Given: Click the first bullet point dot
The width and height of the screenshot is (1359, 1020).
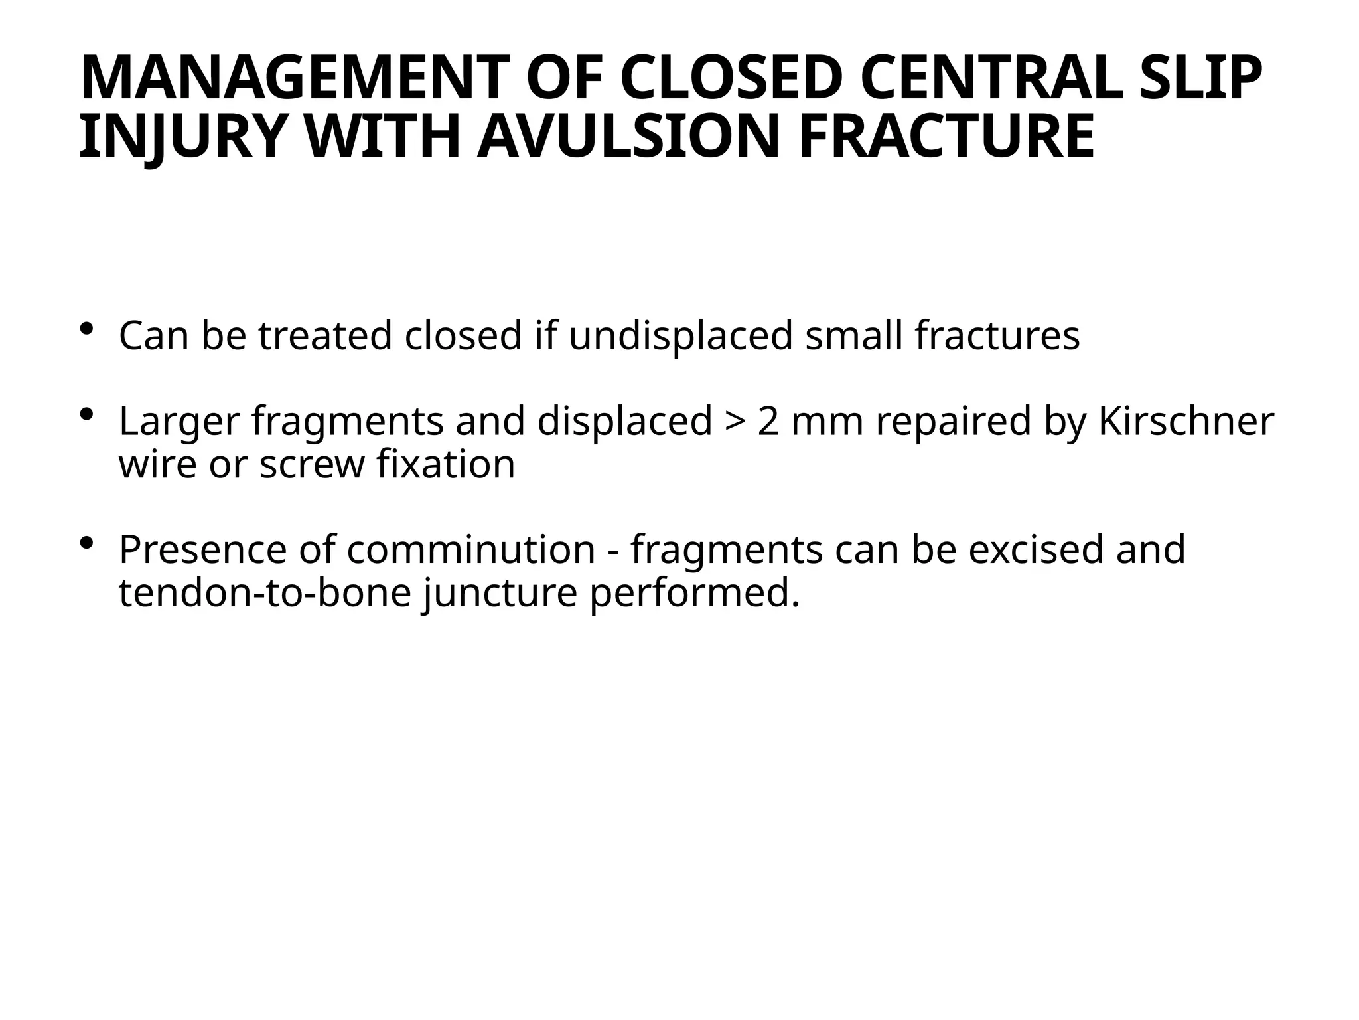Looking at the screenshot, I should click(87, 329).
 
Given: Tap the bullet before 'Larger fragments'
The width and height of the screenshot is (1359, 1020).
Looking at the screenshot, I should click(87, 414).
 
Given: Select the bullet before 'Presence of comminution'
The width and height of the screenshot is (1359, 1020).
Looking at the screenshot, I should click(87, 543).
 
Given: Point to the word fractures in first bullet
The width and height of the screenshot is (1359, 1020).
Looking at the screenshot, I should click(997, 335).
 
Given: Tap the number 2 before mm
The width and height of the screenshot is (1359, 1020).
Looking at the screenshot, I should click(768, 421).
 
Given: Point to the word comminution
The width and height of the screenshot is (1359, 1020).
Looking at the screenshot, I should click(470, 550).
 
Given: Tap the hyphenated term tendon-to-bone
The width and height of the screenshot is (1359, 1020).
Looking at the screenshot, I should click(265, 592).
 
